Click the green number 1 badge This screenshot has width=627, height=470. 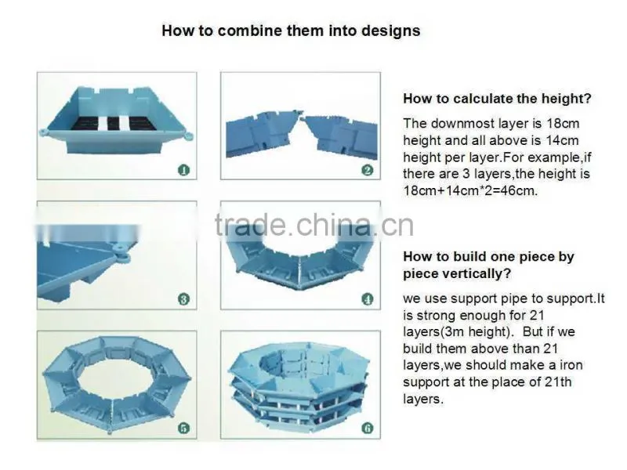click(x=183, y=170)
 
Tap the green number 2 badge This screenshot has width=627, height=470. click(x=367, y=170)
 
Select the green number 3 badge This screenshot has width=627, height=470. click(x=183, y=299)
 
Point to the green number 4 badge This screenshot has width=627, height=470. click(x=367, y=299)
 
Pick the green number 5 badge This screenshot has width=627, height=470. click(x=183, y=428)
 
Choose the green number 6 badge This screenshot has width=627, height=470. click(x=367, y=428)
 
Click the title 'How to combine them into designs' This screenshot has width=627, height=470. click(x=291, y=31)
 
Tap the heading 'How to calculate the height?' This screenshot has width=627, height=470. click(x=497, y=99)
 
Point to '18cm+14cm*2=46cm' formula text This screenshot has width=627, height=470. click(x=470, y=190)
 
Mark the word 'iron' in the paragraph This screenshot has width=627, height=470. click(x=571, y=365)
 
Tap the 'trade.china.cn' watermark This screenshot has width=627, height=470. click(x=314, y=225)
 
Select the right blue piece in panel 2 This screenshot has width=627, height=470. click(x=340, y=136)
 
